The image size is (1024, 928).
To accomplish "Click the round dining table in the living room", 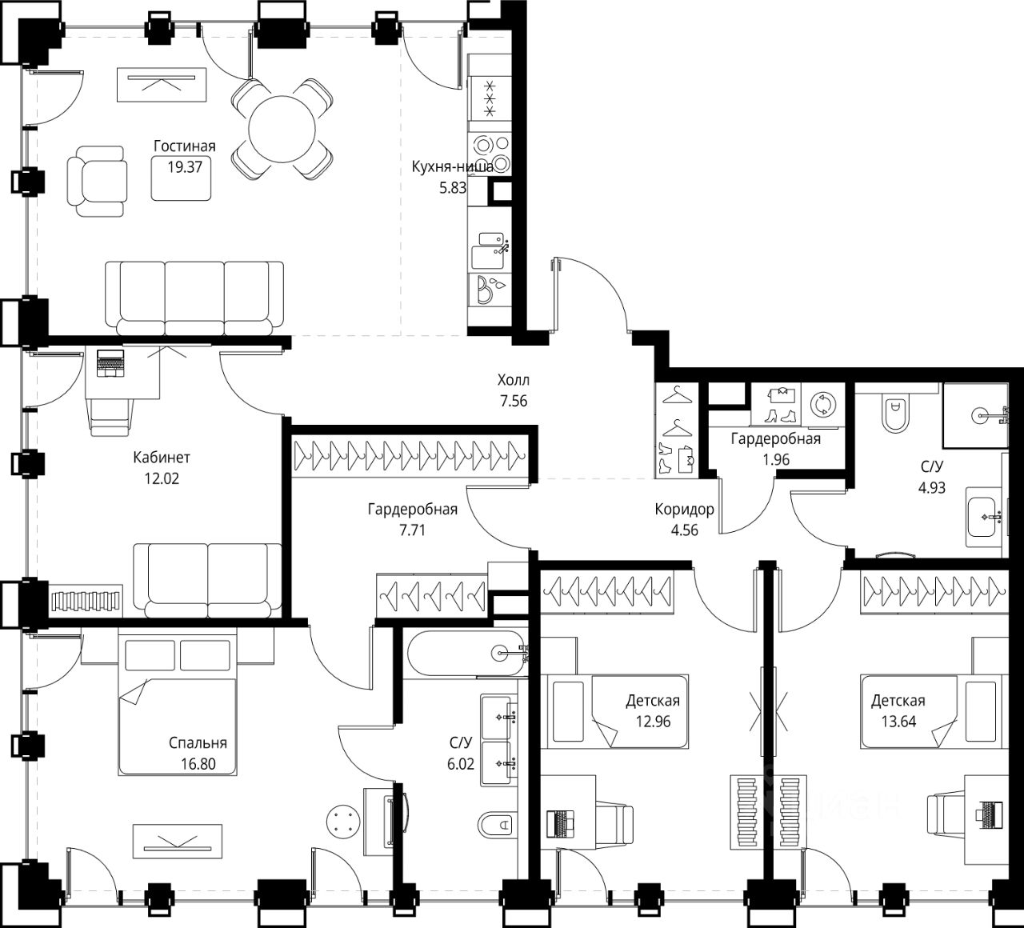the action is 282,129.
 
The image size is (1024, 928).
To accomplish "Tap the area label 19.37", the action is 185,167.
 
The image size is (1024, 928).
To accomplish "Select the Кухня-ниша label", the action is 452,166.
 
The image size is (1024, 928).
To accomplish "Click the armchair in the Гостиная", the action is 97,182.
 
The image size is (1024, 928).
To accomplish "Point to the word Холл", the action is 514,380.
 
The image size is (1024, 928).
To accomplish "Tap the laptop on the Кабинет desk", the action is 110,363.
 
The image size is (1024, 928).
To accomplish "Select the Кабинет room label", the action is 162,457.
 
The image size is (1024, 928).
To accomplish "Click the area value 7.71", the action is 412,530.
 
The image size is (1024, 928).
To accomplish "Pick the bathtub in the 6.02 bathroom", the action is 466,652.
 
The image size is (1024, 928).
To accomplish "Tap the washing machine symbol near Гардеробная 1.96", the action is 822,404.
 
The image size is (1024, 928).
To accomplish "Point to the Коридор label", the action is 684,509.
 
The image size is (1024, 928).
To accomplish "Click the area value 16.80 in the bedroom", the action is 198,764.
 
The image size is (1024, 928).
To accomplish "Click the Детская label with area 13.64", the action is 898,700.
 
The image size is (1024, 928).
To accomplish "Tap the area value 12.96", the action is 653,722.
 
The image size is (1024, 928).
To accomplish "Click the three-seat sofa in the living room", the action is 194,298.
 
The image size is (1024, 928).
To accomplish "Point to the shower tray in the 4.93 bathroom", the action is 975,415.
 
